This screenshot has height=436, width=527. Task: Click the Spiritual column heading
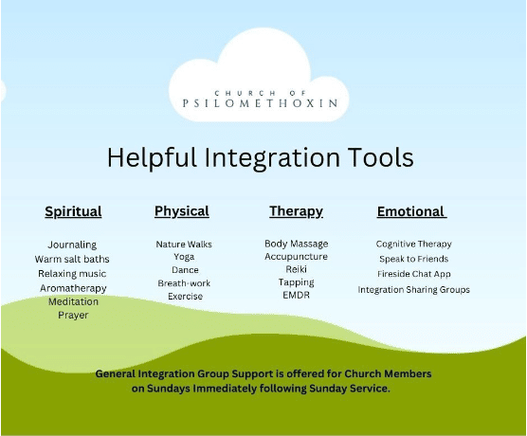(x=73, y=211)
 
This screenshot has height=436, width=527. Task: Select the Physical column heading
(x=182, y=211)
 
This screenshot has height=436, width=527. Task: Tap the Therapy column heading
(x=296, y=211)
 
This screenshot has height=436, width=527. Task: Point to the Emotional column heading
(x=410, y=211)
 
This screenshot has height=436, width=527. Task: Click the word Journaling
(x=72, y=245)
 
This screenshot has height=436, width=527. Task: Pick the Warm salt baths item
(x=72, y=259)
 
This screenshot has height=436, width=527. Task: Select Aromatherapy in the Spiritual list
(x=73, y=288)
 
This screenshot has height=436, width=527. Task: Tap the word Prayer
(x=73, y=316)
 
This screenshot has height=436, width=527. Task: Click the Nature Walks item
(x=184, y=244)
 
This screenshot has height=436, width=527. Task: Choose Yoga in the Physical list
(x=184, y=257)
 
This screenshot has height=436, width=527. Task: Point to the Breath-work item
(x=184, y=283)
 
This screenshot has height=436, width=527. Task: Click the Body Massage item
(x=296, y=244)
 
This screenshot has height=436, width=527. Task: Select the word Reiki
(x=296, y=269)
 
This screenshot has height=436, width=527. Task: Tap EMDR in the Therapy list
(x=296, y=295)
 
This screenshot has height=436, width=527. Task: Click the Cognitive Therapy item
(x=414, y=244)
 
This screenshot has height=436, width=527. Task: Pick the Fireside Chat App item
(x=414, y=274)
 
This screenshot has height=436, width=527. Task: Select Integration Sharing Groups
(x=414, y=290)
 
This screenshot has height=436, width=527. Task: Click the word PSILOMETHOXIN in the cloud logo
(x=260, y=103)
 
